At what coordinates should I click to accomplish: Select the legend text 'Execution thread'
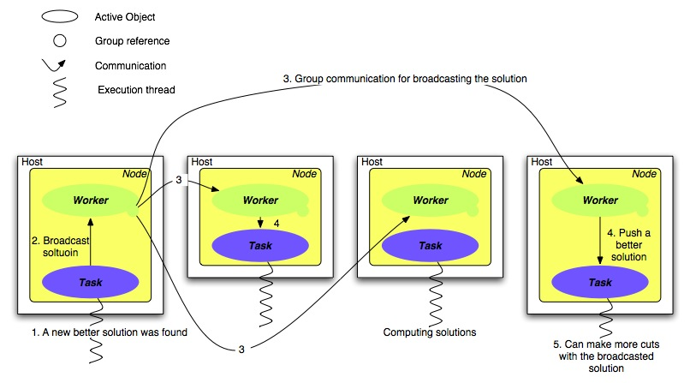click(x=137, y=90)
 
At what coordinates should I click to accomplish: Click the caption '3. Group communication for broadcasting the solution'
click(x=405, y=79)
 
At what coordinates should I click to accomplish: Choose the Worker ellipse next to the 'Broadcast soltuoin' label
click(x=91, y=200)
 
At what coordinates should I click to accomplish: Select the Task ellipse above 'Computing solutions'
click(x=430, y=244)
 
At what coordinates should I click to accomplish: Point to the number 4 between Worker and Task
click(x=277, y=224)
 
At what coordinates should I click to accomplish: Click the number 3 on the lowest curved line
click(x=241, y=349)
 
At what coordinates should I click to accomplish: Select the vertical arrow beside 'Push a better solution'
click(x=599, y=242)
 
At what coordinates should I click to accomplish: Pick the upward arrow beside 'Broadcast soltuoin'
click(x=91, y=242)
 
